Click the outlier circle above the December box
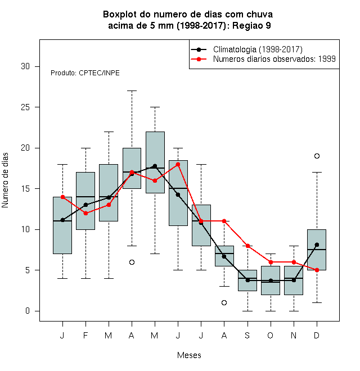317,156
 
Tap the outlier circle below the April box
132,262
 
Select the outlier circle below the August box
224,302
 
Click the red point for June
178,164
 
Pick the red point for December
317,270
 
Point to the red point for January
62,197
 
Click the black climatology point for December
317,245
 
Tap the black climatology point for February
85,205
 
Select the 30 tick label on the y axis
25,66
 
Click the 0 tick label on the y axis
28,311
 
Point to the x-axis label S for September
247,335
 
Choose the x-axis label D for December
317,335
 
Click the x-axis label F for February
85,335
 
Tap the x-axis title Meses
189,355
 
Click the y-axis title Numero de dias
5,180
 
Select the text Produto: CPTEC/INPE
85,73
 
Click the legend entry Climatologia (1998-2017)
258,49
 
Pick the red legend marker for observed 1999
199,59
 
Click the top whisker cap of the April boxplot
132,91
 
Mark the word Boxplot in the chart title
120,15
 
